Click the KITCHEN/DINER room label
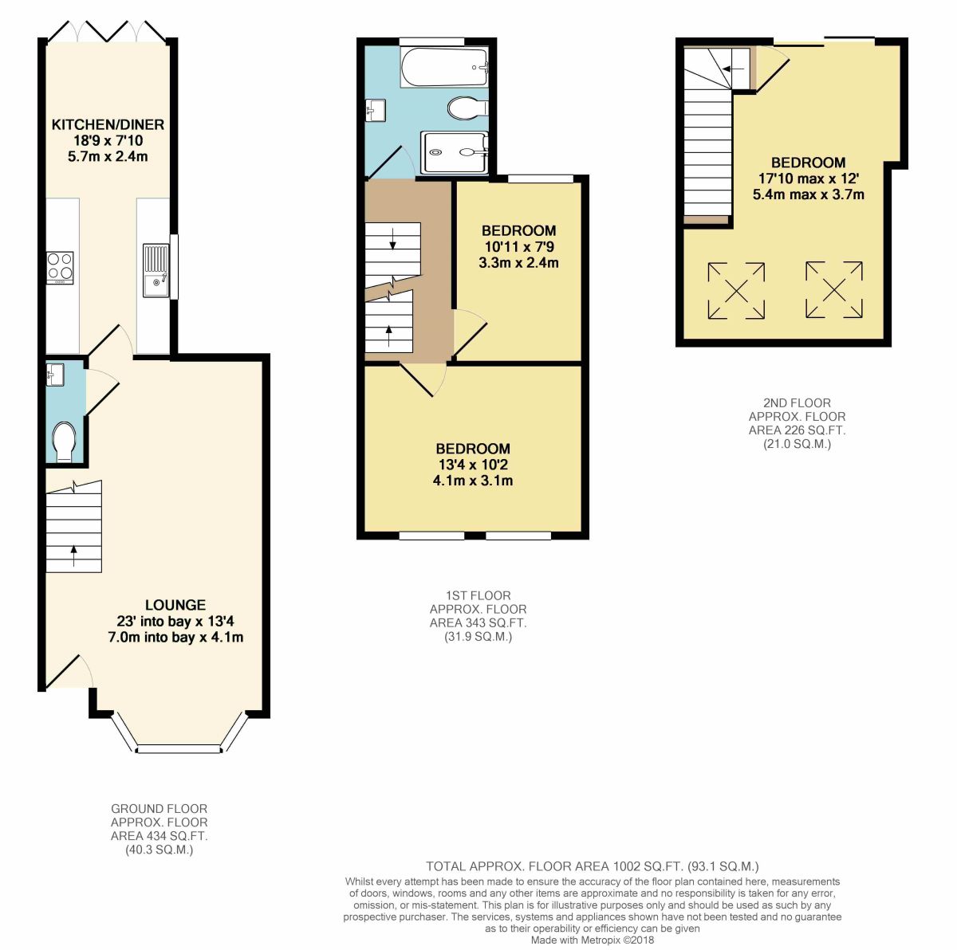108,124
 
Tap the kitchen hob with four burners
61,267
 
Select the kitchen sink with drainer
156,269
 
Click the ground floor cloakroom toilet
63,441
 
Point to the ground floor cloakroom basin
55,374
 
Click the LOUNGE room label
175,605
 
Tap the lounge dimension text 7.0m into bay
175,637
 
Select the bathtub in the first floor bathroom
443,68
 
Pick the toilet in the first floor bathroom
467,108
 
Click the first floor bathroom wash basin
376,109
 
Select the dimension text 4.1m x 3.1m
473,481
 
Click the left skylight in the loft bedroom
735,291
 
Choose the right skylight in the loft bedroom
833,291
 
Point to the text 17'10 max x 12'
808,179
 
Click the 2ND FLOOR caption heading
797,403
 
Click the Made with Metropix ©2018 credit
592,940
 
